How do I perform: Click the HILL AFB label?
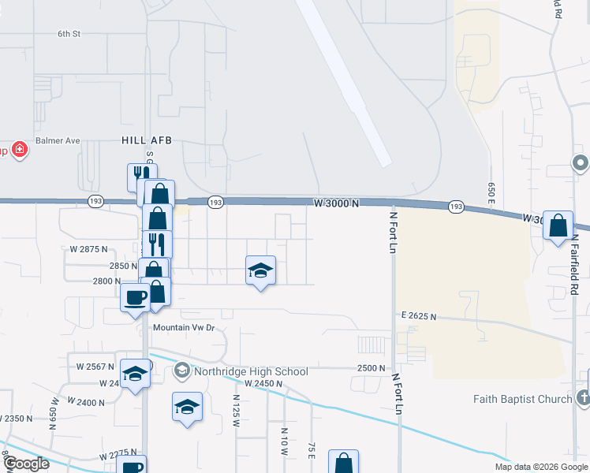[x=146, y=140]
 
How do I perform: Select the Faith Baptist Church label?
[x=523, y=399]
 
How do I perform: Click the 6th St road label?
[x=69, y=34]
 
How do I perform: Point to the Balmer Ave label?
[x=62, y=140]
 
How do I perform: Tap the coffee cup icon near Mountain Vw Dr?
[x=136, y=297]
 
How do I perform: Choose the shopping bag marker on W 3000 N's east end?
[x=558, y=225]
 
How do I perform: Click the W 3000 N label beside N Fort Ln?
[x=336, y=203]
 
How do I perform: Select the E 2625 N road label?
[x=418, y=316]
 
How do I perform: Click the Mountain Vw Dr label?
[x=184, y=327]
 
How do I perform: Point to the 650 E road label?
[x=491, y=193]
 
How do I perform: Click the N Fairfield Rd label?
[x=575, y=268]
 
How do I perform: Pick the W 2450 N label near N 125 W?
[x=263, y=383]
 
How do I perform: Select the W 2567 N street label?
[x=95, y=367]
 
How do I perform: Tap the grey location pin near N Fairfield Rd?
[x=580, y=163]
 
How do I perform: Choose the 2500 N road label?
[x=371, y=368]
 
